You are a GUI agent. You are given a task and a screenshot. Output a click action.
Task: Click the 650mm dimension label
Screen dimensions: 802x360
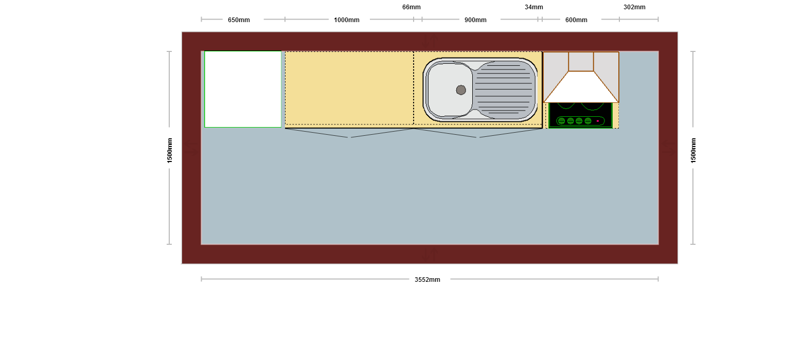point(239,20)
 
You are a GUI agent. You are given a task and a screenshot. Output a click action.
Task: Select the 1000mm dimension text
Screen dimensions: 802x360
point(347,20)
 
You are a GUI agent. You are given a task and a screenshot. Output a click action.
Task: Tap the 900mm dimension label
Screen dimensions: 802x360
point(475,20)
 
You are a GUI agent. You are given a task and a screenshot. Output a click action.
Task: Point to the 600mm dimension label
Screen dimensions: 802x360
point(576,20)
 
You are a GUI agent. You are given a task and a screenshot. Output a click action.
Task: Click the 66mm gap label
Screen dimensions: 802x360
point(412,7)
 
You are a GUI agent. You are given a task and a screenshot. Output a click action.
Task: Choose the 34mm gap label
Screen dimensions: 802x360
point(534,7)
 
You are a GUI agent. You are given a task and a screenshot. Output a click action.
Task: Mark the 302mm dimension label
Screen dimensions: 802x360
point(634,7)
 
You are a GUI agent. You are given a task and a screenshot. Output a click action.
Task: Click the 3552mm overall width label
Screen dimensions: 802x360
point(427,279)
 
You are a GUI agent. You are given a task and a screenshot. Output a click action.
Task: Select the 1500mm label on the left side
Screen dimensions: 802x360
point(170,151)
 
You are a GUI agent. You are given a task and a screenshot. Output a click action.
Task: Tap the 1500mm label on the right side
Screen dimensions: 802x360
point(693,151)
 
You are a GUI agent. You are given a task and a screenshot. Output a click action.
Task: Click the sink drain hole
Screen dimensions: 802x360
point(461,90)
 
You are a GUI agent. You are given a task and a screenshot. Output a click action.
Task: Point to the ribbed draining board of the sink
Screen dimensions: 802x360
point(504,90)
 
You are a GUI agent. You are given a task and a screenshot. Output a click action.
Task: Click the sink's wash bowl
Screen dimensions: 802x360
point(449,90)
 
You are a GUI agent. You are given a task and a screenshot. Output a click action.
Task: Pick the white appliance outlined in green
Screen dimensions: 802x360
point(243,89)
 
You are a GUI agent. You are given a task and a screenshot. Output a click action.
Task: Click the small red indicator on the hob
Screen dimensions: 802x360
point(598,121)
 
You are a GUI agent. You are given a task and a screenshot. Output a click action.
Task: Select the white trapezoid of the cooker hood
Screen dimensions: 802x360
point(581,87)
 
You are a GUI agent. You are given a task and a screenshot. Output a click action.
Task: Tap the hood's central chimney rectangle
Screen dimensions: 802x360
point(581,62)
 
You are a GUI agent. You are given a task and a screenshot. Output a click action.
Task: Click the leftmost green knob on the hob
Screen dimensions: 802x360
point(561,121)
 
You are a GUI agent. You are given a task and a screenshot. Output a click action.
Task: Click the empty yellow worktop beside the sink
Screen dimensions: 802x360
point(349,88)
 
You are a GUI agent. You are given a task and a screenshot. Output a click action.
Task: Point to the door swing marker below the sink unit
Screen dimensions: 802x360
point(478,133)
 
